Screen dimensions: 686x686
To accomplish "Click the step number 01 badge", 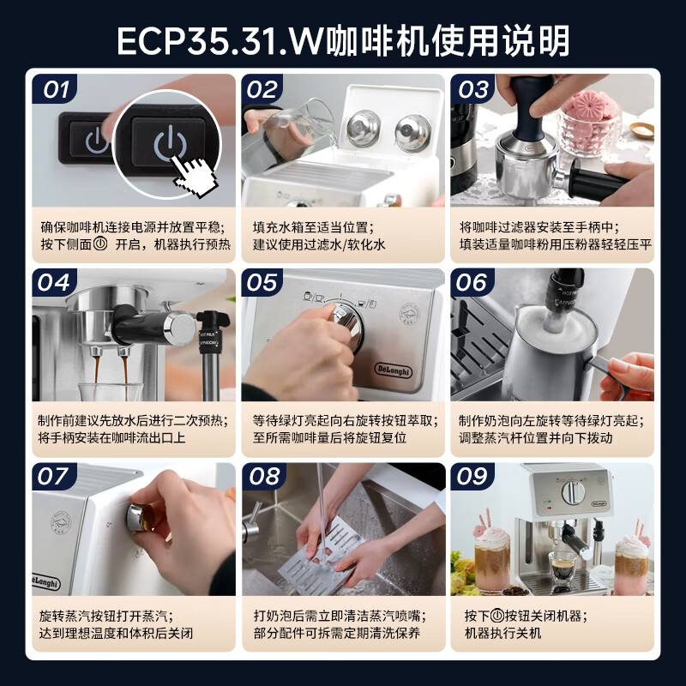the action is tap(55, 89).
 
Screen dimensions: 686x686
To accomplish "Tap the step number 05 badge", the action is tap(262, 282).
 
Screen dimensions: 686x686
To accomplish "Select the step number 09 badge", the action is tap(472, 477).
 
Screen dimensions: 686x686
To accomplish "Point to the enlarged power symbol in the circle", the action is tap(170, 142).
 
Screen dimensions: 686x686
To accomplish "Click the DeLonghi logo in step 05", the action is tap(394, 370).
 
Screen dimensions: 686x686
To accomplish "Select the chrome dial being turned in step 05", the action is tap(349, 325).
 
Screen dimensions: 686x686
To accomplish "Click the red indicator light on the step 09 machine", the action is tap(550, 508).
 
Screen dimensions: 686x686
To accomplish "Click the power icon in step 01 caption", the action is tap(100, 244).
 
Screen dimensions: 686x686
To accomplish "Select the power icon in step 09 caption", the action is tap(497, 616).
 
